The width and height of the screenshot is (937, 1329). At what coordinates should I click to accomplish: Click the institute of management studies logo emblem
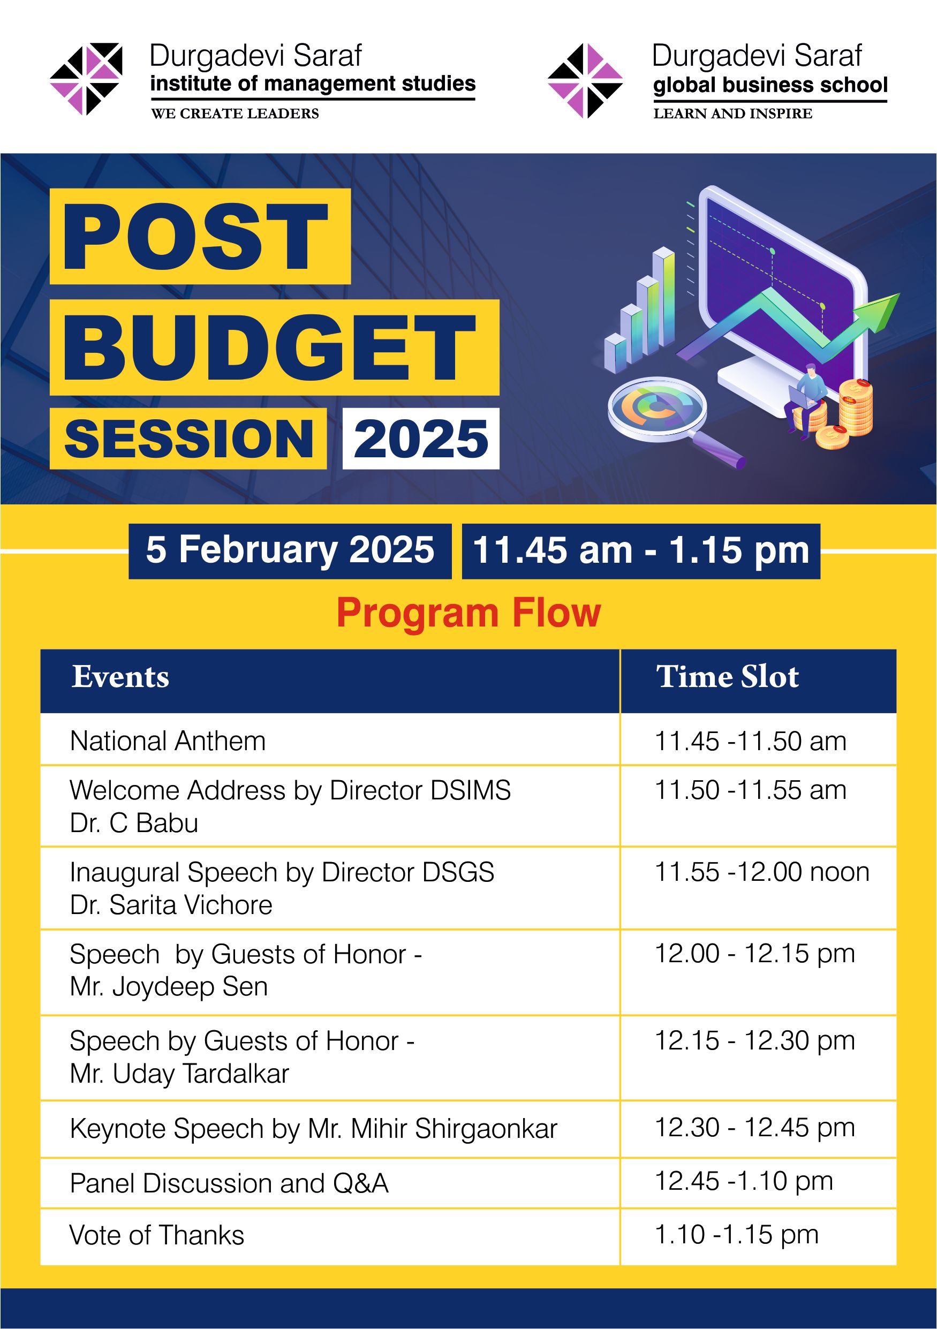[x=86, y=79]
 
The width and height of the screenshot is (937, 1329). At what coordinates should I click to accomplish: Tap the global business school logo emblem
[x=586, y=80]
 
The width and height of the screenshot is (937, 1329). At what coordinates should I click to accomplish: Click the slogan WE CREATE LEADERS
[x=235, y=114]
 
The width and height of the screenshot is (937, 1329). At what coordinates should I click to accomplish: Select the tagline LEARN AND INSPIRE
[x=732, y=114]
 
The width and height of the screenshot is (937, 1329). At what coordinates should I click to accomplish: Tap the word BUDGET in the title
[x=270, y=348]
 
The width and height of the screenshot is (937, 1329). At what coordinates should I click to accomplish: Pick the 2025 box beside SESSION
[x=421, y=438]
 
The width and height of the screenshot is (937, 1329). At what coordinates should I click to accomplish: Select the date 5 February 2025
[x=290, y=550]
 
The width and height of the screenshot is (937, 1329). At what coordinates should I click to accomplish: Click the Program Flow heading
[x=469, y=613]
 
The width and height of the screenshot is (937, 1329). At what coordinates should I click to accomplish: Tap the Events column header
[x=120, y=677]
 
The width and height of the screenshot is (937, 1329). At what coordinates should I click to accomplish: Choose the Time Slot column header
[x=728, y=677]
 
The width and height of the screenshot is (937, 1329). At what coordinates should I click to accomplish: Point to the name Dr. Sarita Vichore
[x=171, y=905]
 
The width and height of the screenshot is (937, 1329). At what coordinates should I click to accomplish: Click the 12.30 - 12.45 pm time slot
[x=755, y=1128]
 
